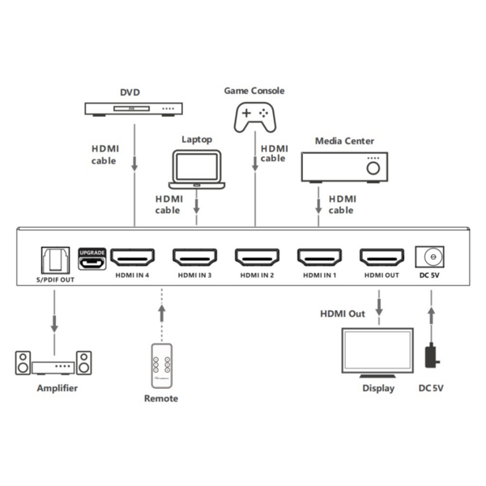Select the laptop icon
pyautogui.click(x=197, y=170)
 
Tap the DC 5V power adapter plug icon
pyautogui.click(x=433, y=356)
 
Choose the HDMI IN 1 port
pyautogui.click(x=320, y=258)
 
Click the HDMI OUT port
pyautogui.click(x=382, y=258)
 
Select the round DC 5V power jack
pyautogui.click(x=432, y=258)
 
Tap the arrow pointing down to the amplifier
pyautogui.click(x=55, y=312)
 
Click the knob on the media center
pyautogui.click(x=373, y=168)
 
